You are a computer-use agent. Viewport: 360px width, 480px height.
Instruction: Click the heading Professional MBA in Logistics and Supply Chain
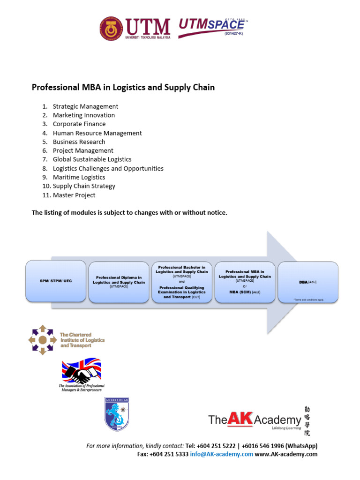click(123, 87)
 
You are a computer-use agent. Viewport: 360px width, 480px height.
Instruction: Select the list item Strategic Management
click(85, 106)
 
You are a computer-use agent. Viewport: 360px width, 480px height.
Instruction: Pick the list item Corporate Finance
click(79, 124)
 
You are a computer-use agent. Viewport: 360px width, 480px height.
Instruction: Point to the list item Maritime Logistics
click(79, 177)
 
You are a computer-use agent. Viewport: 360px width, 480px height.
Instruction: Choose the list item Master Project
click(74, 195)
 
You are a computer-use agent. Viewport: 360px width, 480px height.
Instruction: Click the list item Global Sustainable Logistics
click(92, 159)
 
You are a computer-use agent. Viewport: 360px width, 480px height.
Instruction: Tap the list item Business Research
click(79, 142)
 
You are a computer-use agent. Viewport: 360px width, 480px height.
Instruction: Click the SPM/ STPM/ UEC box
click(56, 281)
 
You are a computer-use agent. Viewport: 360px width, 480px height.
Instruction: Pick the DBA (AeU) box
click(308, 282)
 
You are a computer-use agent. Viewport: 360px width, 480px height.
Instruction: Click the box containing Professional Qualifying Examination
click(182, 282)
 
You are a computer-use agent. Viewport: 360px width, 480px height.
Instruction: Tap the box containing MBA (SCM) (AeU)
click(245, 282)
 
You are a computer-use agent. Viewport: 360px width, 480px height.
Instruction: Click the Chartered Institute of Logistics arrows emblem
click(43, 340)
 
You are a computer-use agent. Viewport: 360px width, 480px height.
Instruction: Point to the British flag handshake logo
click(82, 371)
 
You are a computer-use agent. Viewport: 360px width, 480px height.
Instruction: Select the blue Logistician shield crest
click(117, 414)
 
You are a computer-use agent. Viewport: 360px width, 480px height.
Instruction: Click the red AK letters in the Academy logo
click(240, 420)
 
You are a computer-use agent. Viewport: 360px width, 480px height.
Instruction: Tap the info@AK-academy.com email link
click(222, 454)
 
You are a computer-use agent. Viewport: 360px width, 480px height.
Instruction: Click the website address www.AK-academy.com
click(286, 454)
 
